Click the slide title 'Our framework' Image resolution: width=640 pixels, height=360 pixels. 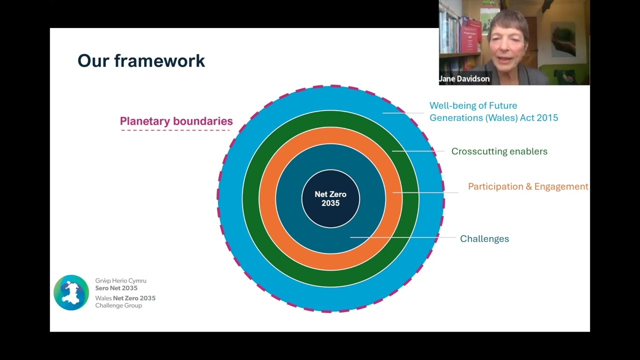(141, 61)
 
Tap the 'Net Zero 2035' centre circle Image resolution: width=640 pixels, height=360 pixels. (330, 198)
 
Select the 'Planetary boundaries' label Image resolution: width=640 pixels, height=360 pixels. (176, 121)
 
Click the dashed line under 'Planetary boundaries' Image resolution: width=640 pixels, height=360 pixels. (175, 130)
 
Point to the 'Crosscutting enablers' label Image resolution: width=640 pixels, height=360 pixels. (499, 151)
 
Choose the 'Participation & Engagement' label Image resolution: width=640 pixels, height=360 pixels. (528, 186)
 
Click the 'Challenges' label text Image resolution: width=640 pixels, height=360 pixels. (484, 238)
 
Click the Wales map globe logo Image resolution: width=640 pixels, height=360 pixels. (71, 292)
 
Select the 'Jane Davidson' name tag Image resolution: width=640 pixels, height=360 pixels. (464, 78)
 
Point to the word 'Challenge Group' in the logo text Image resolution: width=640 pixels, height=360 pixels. (118, 305)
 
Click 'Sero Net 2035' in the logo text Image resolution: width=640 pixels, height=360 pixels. (116, 288)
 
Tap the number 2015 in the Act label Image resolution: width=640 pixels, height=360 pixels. (547, 118)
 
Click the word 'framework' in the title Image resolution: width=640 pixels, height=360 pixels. (159, 61)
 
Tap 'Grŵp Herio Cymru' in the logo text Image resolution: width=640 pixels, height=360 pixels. (120, 281)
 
